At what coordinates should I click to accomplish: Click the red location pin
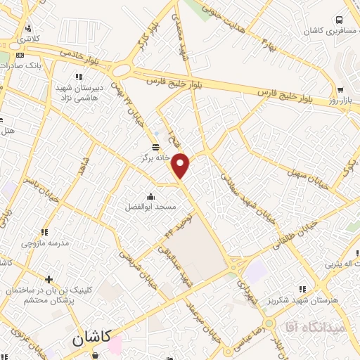[181, 165]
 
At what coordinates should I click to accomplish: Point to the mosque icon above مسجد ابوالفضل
[150, 195]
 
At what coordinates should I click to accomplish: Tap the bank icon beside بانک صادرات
[19, 55]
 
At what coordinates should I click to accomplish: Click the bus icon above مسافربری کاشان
[340, 20]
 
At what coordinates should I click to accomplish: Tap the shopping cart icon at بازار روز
[340, 90]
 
